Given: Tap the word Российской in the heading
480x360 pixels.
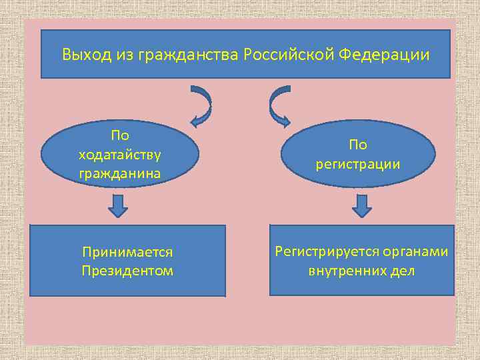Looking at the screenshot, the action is [289, 54].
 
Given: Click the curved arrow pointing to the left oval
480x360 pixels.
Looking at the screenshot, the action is [201, 105].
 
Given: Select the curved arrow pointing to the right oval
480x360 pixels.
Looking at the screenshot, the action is [279, 105].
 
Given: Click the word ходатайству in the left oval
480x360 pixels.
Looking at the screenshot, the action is [119, 155].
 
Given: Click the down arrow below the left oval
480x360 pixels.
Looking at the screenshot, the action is [118, 206].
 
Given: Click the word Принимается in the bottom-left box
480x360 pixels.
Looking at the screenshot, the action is [127, 253].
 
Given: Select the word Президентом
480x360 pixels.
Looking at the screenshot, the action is [127, 271].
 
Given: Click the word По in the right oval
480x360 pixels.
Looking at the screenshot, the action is [357, 145].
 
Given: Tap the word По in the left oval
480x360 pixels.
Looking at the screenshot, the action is [120, 135].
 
